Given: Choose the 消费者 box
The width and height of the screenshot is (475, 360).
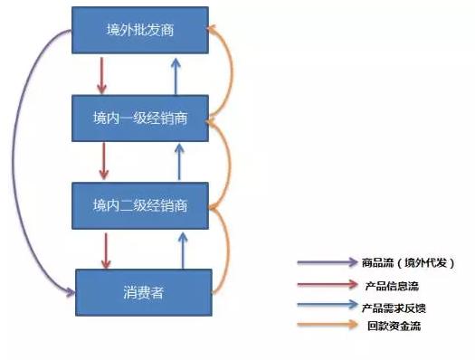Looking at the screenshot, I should point(143,291).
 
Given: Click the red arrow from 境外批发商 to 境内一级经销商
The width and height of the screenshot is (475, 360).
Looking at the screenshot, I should point(102,74).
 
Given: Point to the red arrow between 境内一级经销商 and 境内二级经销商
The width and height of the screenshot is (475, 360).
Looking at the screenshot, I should point(102,160).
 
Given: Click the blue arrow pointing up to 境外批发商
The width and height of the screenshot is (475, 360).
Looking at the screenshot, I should point(179,74).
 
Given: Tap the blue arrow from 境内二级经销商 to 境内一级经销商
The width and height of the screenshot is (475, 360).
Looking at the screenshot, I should point(179,160).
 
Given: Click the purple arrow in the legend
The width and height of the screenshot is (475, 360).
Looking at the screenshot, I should point(327,263).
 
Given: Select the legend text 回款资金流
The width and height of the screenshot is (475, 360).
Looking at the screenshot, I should point(391,327).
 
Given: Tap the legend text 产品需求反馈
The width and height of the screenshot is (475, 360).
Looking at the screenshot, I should point(395,307).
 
